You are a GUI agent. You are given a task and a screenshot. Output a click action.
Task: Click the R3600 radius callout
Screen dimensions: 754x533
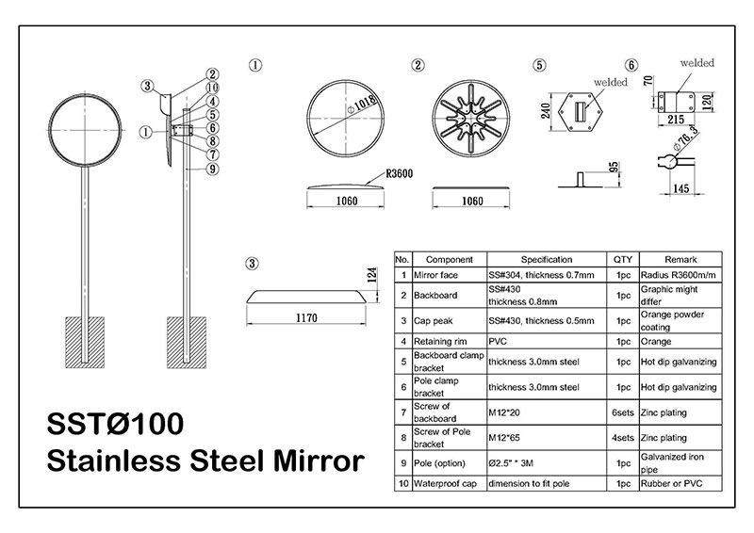(x=399, y=173)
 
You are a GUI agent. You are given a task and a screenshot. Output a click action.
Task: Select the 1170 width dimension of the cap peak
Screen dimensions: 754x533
(x=306, y=317)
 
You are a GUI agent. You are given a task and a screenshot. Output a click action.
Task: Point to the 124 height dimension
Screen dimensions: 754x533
(x=371, y=275)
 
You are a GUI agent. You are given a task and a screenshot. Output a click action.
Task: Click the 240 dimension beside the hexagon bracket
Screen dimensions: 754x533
(x=546, y=110)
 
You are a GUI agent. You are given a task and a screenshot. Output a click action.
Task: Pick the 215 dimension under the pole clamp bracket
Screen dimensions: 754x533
(x=676, y=120)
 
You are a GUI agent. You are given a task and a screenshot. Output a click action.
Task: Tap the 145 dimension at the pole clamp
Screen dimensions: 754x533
(x=680, y=188)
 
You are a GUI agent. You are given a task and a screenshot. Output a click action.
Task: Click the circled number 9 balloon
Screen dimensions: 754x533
(x=212, y=169)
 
